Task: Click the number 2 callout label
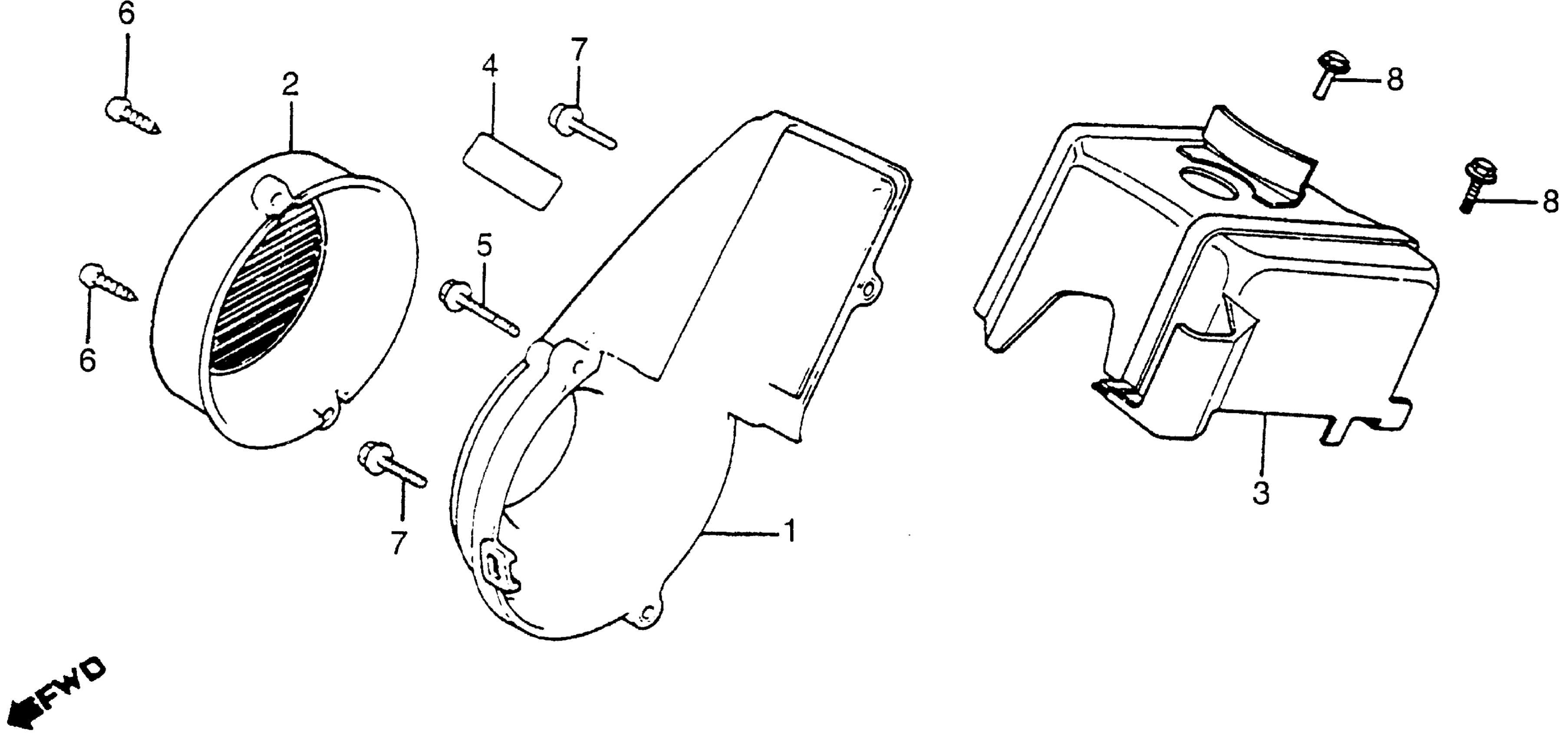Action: tap(290, 86)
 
